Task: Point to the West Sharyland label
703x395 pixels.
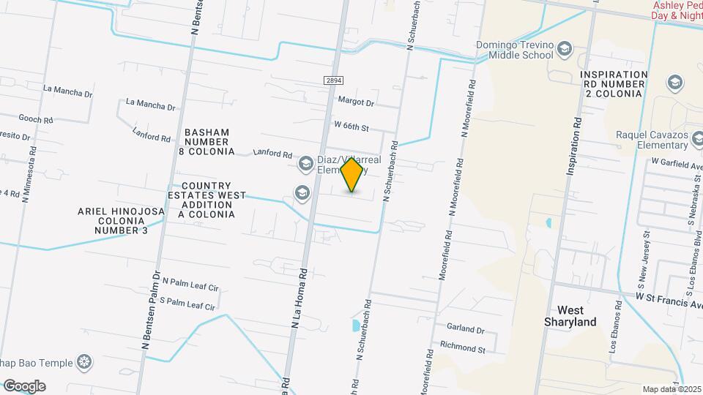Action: [571, 316]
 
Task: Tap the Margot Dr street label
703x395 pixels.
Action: [356, 102]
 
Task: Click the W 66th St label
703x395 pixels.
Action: [350, 127]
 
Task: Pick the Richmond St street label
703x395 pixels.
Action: [462, 349]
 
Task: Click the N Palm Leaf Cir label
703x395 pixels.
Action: [190, 282]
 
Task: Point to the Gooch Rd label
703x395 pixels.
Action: [36, 118]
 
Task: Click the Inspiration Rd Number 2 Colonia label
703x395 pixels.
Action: [614, 84]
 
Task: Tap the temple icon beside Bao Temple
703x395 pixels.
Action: [86, 362]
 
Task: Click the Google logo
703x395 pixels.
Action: [24, 385]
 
